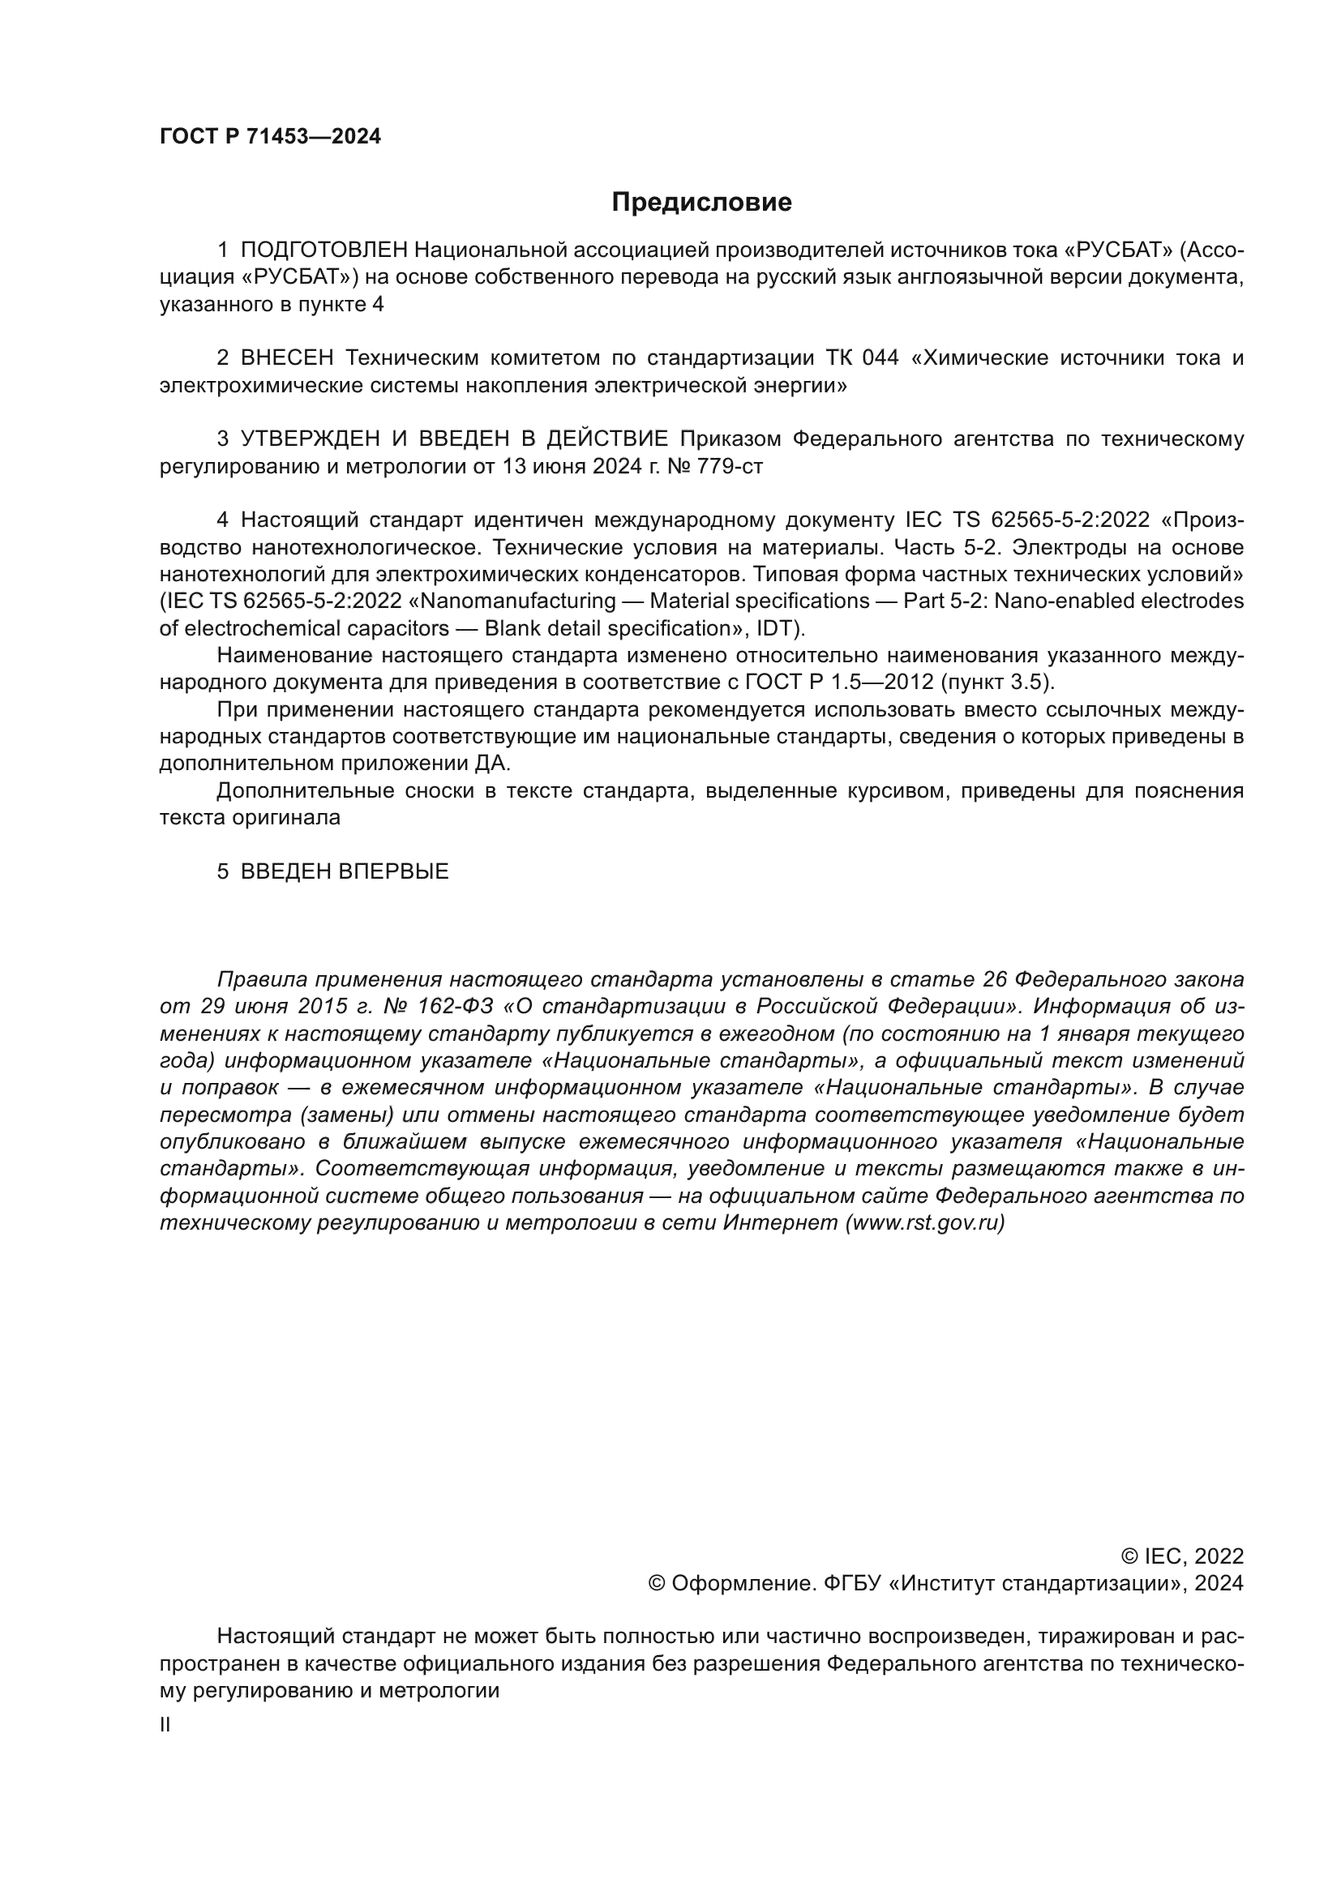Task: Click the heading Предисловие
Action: coord(701,203)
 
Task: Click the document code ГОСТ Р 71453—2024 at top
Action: coord(270,137)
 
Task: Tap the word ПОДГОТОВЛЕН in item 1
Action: coord(323,250)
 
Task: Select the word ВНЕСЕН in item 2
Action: coord(286,357)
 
